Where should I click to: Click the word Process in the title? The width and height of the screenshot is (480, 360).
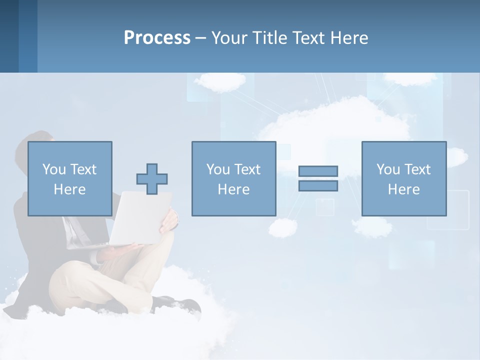coord(157,37)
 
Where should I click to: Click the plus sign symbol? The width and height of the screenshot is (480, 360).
coord(152,179)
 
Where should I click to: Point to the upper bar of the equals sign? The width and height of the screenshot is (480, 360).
coord(318,171)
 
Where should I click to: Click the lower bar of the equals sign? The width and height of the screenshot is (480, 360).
coord(318,185)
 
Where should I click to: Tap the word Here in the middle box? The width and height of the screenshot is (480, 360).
coord(233,189)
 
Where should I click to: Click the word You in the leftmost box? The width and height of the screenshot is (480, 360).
coord(54,169)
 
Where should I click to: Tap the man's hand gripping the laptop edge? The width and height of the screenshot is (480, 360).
coord(170,220)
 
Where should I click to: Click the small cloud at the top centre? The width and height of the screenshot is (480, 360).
coord(220,81)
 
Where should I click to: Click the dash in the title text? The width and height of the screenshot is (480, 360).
coord(200,38)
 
